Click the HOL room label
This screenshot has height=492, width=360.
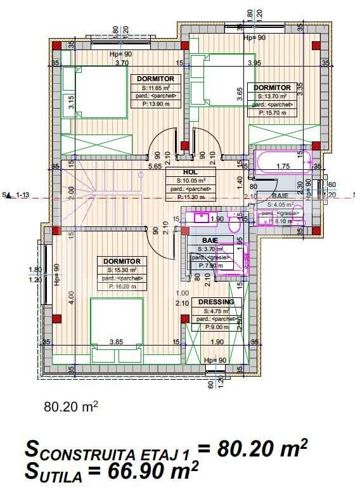click(191, 172)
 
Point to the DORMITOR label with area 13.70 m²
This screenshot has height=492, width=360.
click(273, 87)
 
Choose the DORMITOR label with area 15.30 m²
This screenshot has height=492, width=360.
click(122, 261)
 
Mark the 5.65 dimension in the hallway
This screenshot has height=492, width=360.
click(154, 167)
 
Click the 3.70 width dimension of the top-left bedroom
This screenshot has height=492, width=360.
click(122, 63)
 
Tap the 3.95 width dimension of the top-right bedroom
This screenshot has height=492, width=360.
click(254, 63)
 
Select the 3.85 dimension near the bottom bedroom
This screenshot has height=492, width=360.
click(116, 342)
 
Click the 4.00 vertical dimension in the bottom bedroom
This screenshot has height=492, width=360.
click(72, 294)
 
